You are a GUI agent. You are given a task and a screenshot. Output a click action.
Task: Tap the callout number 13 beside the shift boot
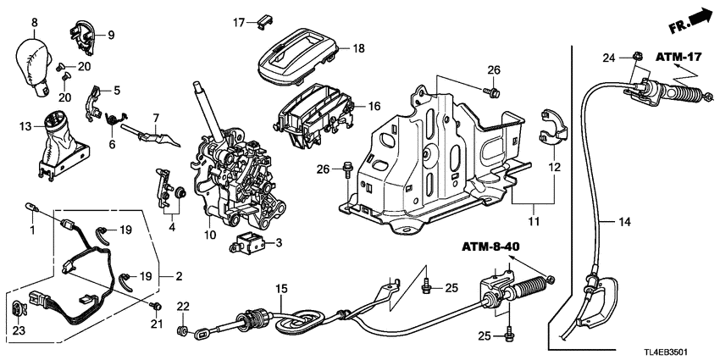point(25,127)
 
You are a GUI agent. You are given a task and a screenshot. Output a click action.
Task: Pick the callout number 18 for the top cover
point(358,48)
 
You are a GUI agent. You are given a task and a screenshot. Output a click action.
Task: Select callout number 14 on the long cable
point(624,222)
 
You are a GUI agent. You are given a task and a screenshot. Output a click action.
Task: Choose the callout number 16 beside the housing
point(373,107)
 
